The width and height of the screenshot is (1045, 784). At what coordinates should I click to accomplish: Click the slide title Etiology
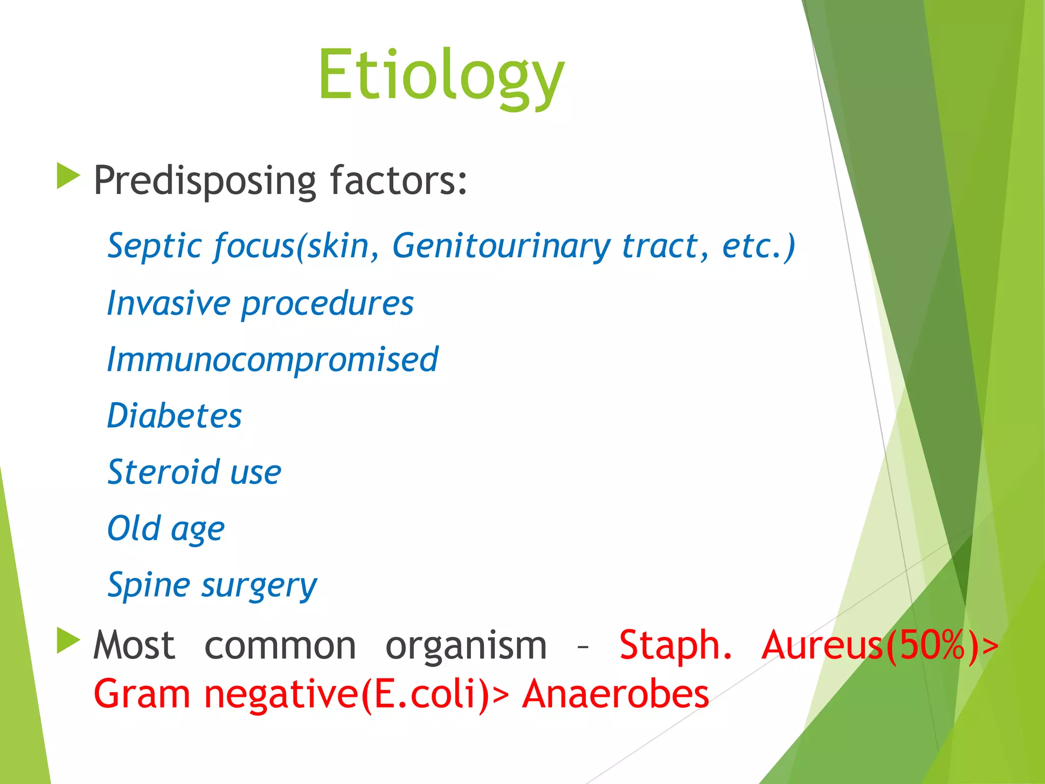tap(441, 76)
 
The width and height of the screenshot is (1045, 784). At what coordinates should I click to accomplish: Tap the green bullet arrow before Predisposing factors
tap(68, 176)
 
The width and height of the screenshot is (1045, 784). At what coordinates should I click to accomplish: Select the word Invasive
tap(168, 303)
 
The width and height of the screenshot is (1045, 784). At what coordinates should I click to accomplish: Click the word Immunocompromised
tap(272, 360)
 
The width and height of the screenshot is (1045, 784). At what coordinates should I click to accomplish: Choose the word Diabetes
tap(174, 415)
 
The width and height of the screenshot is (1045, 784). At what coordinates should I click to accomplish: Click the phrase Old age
tap(166, 529)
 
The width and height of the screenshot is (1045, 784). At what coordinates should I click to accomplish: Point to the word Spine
tap(148, 585)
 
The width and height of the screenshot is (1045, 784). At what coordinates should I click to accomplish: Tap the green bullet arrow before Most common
tap(68, 641)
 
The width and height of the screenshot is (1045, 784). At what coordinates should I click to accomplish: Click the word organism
tap(465, 646)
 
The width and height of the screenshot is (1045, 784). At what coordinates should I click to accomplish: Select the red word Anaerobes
tap(615, 694)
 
